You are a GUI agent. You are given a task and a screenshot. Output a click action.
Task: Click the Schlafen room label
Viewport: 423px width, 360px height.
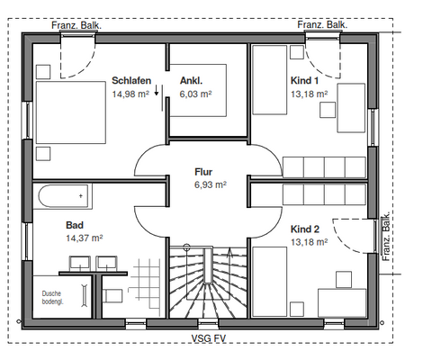131,80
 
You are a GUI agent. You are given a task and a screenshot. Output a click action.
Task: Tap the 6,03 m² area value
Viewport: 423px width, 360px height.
195,94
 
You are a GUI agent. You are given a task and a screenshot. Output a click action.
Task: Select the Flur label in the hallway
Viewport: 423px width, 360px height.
203,172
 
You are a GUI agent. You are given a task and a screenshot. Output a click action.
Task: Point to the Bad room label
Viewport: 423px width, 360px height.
75,225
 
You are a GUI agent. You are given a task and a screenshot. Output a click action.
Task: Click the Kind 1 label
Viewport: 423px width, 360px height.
304,80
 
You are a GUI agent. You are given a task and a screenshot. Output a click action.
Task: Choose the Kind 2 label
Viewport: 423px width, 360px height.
305,229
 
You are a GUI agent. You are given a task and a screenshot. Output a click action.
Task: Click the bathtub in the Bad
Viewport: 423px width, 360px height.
63,196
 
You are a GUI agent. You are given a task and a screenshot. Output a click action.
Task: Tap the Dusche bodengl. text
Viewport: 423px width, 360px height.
52,298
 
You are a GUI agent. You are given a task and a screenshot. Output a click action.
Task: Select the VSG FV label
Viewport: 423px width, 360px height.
209,338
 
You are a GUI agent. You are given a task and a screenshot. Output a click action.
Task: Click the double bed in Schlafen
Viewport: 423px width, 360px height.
71,112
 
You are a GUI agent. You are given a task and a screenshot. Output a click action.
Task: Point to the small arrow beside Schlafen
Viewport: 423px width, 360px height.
157,90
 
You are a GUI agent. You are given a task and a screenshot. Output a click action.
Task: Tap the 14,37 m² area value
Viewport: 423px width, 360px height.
85,238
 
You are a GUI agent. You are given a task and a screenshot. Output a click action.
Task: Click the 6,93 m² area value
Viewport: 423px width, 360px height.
211,184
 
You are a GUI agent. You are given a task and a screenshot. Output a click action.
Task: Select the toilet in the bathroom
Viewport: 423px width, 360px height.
112,296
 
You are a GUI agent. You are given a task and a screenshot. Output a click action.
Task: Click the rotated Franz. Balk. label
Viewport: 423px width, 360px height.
386,237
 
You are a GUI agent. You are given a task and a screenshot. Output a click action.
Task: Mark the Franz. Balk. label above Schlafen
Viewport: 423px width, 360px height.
76,25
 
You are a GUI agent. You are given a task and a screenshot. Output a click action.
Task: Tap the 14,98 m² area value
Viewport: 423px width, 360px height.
130,94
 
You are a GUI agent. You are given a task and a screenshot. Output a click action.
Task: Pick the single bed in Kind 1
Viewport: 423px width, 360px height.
270,80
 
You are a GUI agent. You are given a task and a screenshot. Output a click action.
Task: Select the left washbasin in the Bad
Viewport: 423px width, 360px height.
80,263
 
